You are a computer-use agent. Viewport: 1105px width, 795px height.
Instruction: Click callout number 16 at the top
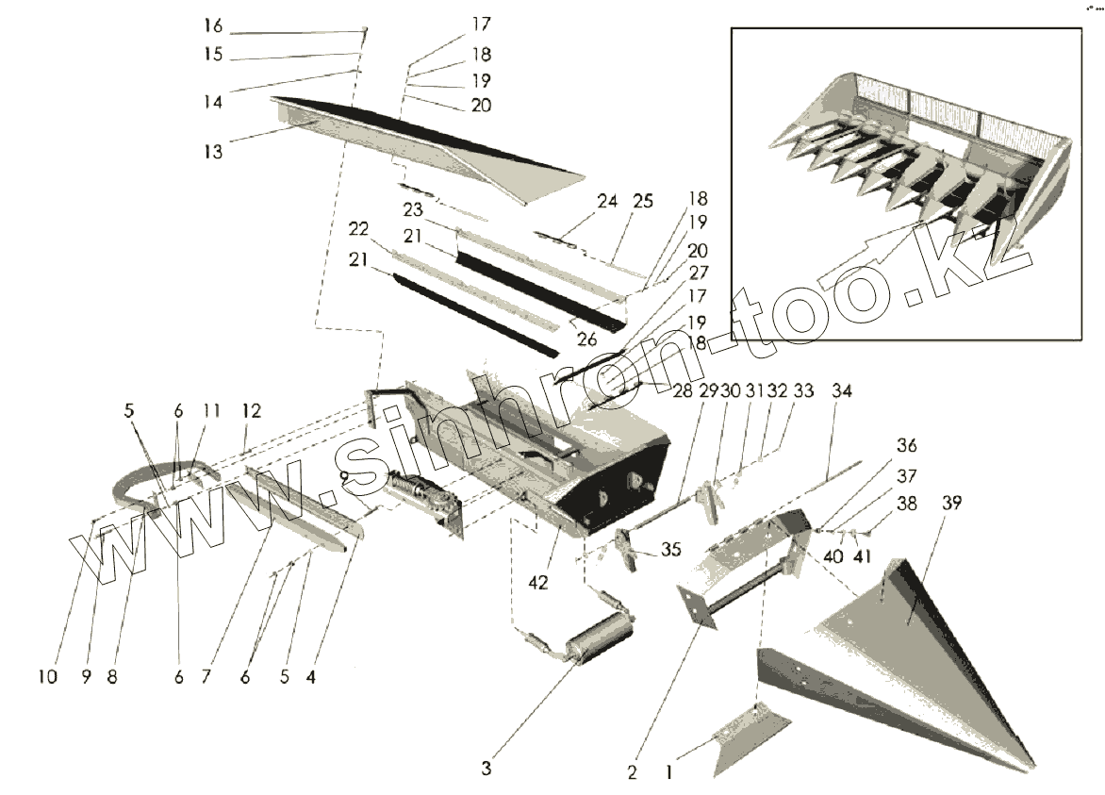[x=214, y=25]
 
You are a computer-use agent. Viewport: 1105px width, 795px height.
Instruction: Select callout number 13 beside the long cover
[x=215, y=150]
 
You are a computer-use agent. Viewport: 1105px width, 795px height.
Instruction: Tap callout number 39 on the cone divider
[x=951, y=504]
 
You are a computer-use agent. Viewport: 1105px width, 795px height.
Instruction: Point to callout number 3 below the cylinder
[x=486, y=768]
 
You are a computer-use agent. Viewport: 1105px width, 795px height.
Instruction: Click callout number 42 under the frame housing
[x=538, y=583]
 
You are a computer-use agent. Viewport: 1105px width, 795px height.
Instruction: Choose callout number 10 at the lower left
[x=48, y=676]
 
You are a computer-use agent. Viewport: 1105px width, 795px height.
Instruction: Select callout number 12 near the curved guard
[x=251, y=411]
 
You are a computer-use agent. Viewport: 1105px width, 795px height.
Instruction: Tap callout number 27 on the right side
[x=699, y=272]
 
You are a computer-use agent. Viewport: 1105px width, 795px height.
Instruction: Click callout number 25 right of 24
[x=643, y=202]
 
